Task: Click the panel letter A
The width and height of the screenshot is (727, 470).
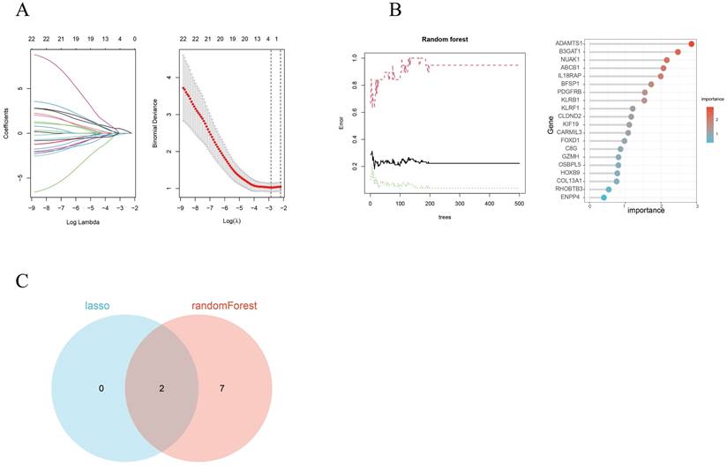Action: (x=24, y=11)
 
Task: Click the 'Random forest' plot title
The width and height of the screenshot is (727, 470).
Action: (x=444, y=41)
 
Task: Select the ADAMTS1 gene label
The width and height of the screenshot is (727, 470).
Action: (x=569, y=43)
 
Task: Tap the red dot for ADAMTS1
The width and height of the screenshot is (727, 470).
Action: (x=692, y=43)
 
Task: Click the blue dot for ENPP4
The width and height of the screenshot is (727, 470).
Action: (x=603, y=198)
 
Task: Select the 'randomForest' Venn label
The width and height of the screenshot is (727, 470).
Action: (x=229, y=306)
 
